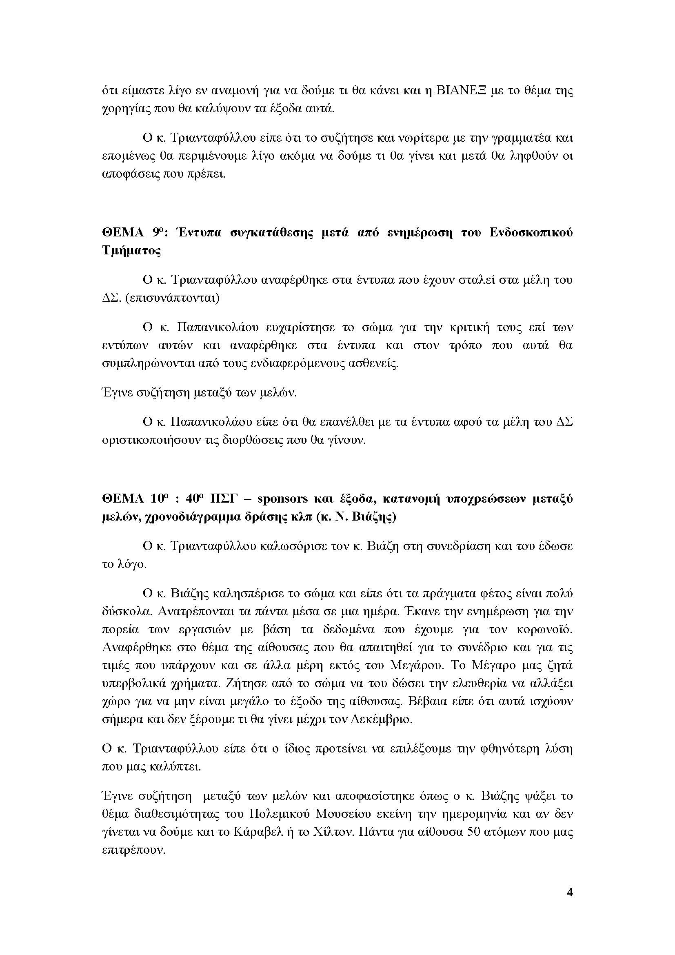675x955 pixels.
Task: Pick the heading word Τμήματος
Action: (x=131, y=251)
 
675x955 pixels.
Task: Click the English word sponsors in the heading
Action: (x=282, y=499)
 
